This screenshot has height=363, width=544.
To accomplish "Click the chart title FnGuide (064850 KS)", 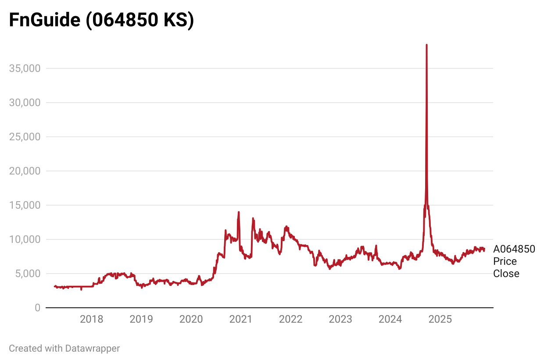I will point(101,21).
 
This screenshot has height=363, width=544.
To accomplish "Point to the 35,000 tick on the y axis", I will point(25,68).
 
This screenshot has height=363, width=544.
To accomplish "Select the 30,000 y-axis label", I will point(25,103).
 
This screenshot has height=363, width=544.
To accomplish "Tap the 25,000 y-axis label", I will point(25,137).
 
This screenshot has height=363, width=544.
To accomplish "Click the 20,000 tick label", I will point(25,171).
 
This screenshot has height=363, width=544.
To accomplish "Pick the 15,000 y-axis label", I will point(25,205).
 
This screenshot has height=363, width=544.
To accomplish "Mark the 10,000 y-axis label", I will point(25,239).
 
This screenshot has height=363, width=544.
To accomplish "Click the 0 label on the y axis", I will point(37,308).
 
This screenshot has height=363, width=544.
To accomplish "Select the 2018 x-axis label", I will point(92,319).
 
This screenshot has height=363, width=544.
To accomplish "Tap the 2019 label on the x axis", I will point(141,319).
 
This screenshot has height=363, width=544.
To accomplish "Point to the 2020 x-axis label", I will point(191,319).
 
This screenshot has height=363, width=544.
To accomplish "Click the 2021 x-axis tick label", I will point(241,319).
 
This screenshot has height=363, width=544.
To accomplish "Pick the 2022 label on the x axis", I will point(291,319).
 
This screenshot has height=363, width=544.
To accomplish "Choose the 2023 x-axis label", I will point(340,319).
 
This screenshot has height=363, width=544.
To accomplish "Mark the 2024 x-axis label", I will point(390,319).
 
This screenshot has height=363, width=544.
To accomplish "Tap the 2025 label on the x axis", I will point(440,319).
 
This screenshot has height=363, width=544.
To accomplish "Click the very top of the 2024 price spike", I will point(426,45).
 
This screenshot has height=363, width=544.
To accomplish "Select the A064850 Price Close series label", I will point(514,261).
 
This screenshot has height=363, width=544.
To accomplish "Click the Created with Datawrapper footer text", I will point(64,349).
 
